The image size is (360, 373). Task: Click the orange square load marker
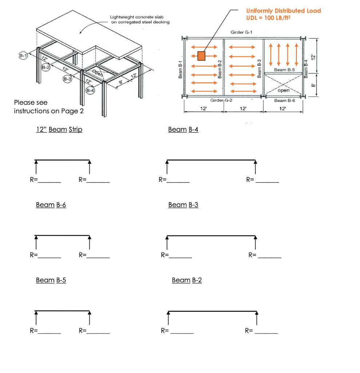click(x=201, y=56)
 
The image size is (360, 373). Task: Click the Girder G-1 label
click(x=241, y=32)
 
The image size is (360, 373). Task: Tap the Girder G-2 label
click(x=219, y=100)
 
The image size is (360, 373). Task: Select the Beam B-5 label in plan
click(x=284, y=70)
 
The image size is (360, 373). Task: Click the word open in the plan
click(x=283, y=90)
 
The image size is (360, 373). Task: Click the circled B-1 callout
click(x=23, y=56)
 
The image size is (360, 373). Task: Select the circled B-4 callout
click(x=90, y=90)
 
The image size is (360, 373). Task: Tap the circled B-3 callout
click(x=68, y=79)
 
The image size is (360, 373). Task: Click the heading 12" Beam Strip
click(x=59, y=129)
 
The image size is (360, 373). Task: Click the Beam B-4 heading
click(x=183, y=129)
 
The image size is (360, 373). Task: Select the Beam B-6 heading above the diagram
click(x=51, y=205)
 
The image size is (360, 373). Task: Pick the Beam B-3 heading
click(x=183, y=205)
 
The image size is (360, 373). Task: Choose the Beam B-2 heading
click(x=186, y=280)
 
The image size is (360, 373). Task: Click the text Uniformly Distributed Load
click(x=284, y=11)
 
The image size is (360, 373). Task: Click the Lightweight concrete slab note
click(x=139, y=19)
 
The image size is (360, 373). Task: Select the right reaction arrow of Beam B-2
click(x=257, y=318)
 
